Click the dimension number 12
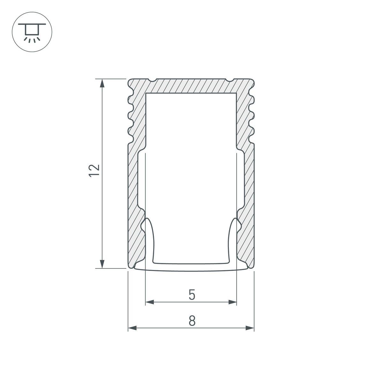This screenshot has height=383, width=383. [94, 171]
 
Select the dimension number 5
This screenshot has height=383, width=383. [191, 295]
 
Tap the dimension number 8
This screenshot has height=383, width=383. [191, 321]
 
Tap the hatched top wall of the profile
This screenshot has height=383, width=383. [191, 86]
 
